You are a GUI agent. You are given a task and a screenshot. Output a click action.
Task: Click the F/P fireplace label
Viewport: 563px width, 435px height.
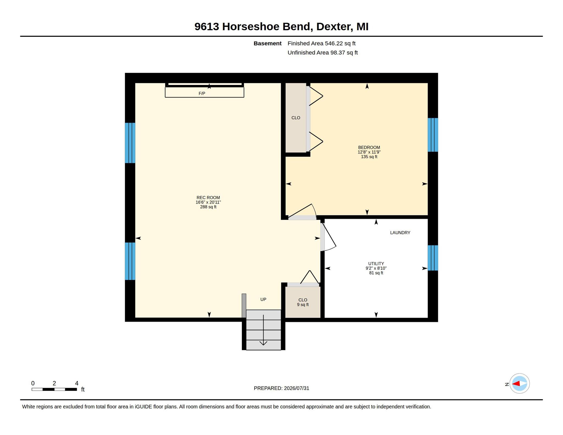click(202, 93)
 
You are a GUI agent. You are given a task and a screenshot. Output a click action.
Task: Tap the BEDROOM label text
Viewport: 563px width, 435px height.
click(369, 147)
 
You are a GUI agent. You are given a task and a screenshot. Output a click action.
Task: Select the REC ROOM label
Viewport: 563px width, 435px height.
click(208, 197)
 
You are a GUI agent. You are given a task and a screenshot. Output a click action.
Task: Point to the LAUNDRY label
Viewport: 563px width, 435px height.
click(400, 233)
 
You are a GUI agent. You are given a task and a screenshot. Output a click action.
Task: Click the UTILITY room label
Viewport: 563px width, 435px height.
click(376, 263)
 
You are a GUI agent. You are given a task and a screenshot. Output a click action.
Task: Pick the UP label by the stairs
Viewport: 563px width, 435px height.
click(263, 299)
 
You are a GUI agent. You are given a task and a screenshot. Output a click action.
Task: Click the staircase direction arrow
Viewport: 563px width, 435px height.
click(263, 330)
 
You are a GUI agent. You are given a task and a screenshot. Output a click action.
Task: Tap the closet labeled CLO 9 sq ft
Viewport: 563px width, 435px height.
click(303, 302)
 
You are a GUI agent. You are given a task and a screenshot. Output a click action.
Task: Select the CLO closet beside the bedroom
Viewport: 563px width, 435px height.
click(296, 118)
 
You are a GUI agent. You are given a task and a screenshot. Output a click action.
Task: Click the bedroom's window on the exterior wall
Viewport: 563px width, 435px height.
click(433, 135)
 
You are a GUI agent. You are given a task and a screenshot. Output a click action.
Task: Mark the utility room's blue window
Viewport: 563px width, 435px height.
click(433, 258)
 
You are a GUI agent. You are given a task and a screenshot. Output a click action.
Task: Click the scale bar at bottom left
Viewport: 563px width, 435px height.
click(54, 389)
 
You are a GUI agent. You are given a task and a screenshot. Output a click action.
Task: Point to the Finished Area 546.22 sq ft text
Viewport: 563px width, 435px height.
click(321, 43)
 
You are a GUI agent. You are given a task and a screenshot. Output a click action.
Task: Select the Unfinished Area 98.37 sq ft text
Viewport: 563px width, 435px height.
click(322, 53)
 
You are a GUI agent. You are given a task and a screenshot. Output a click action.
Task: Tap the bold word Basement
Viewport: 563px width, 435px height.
click(267, 43)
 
